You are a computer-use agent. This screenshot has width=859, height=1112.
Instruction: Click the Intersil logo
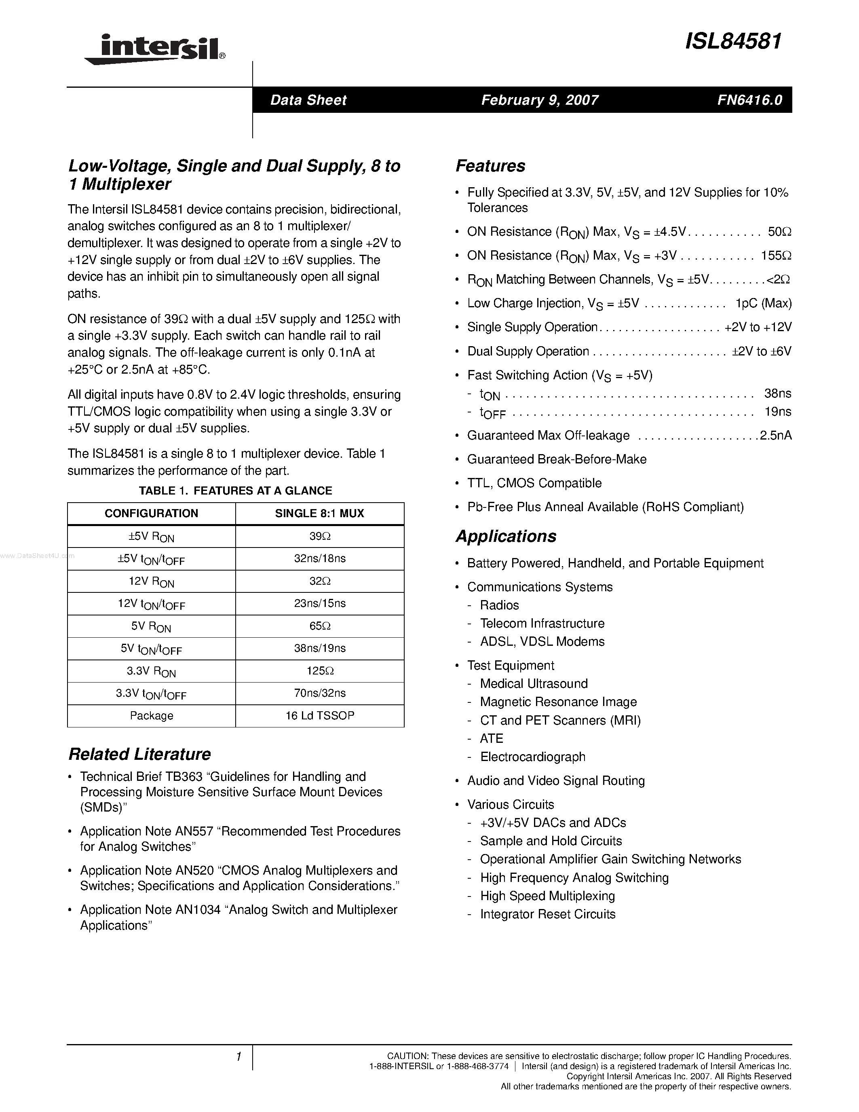(155, 50)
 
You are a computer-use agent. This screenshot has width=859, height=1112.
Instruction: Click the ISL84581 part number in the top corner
(733, 41)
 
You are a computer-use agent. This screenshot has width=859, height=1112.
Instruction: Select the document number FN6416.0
(749, 100)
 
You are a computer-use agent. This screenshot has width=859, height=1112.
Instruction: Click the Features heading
(490, 166)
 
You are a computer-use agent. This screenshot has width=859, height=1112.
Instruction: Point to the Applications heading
(506, 536)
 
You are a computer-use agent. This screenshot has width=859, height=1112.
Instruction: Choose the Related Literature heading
(139, 754)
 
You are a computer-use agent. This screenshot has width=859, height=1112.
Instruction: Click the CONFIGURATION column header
(151, 513)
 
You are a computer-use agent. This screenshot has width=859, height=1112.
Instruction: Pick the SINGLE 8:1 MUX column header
(320, 513)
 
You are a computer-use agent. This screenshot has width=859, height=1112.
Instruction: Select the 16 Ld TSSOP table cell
(320, 715)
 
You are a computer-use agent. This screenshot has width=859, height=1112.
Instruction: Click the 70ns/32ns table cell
(320, 693)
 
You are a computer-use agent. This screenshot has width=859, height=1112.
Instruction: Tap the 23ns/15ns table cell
(320, 603)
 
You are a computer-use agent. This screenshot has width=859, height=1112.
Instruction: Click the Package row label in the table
(151, 715)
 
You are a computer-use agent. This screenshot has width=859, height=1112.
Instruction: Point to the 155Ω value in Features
(776, 256)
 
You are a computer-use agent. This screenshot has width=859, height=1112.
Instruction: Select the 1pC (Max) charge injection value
(763, 303)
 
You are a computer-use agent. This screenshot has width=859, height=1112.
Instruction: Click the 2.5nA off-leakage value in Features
(776, 435)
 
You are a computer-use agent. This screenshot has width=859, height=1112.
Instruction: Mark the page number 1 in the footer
(238, 1057)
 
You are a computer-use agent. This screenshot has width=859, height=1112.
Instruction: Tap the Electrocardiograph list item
(532, 757)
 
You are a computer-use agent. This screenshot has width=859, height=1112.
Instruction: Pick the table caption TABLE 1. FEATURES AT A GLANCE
(235, 490)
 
